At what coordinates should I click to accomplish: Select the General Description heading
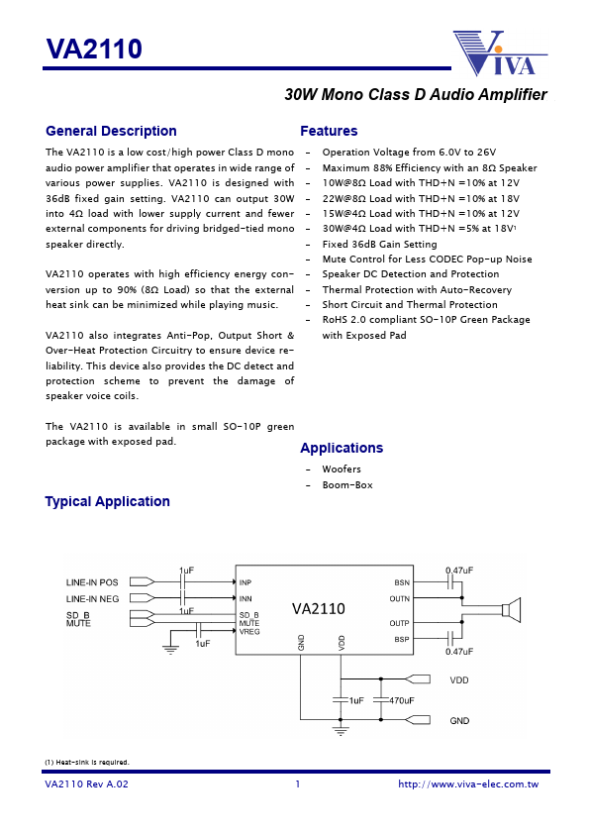[x=111, y=131]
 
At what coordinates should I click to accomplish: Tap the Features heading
[x=329, y=131]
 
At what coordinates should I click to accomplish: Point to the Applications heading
[x=341, y=448]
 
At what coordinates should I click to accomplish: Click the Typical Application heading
[x=107, y=501]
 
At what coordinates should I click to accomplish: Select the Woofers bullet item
[x=342, y=469]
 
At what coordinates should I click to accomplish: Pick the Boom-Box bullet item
[x=347, y=484]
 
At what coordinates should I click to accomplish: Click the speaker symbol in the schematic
[x=511, y=610]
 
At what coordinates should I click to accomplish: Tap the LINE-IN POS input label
[x=92, y=582]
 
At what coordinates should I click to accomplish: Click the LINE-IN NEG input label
[x=92, y=598]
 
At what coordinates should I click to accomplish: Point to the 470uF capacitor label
[x=401, y=700]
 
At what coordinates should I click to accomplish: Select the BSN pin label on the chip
[x=401, y=583]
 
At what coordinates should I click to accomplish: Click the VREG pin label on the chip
[x=249, y=631]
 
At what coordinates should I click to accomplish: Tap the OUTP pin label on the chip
[x=399, y=623]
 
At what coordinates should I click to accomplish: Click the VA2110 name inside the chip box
[x=318, y=609]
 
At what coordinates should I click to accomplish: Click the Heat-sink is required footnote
[x=87, y=762]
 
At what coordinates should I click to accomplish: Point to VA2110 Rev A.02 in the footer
[x=86, y=784]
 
